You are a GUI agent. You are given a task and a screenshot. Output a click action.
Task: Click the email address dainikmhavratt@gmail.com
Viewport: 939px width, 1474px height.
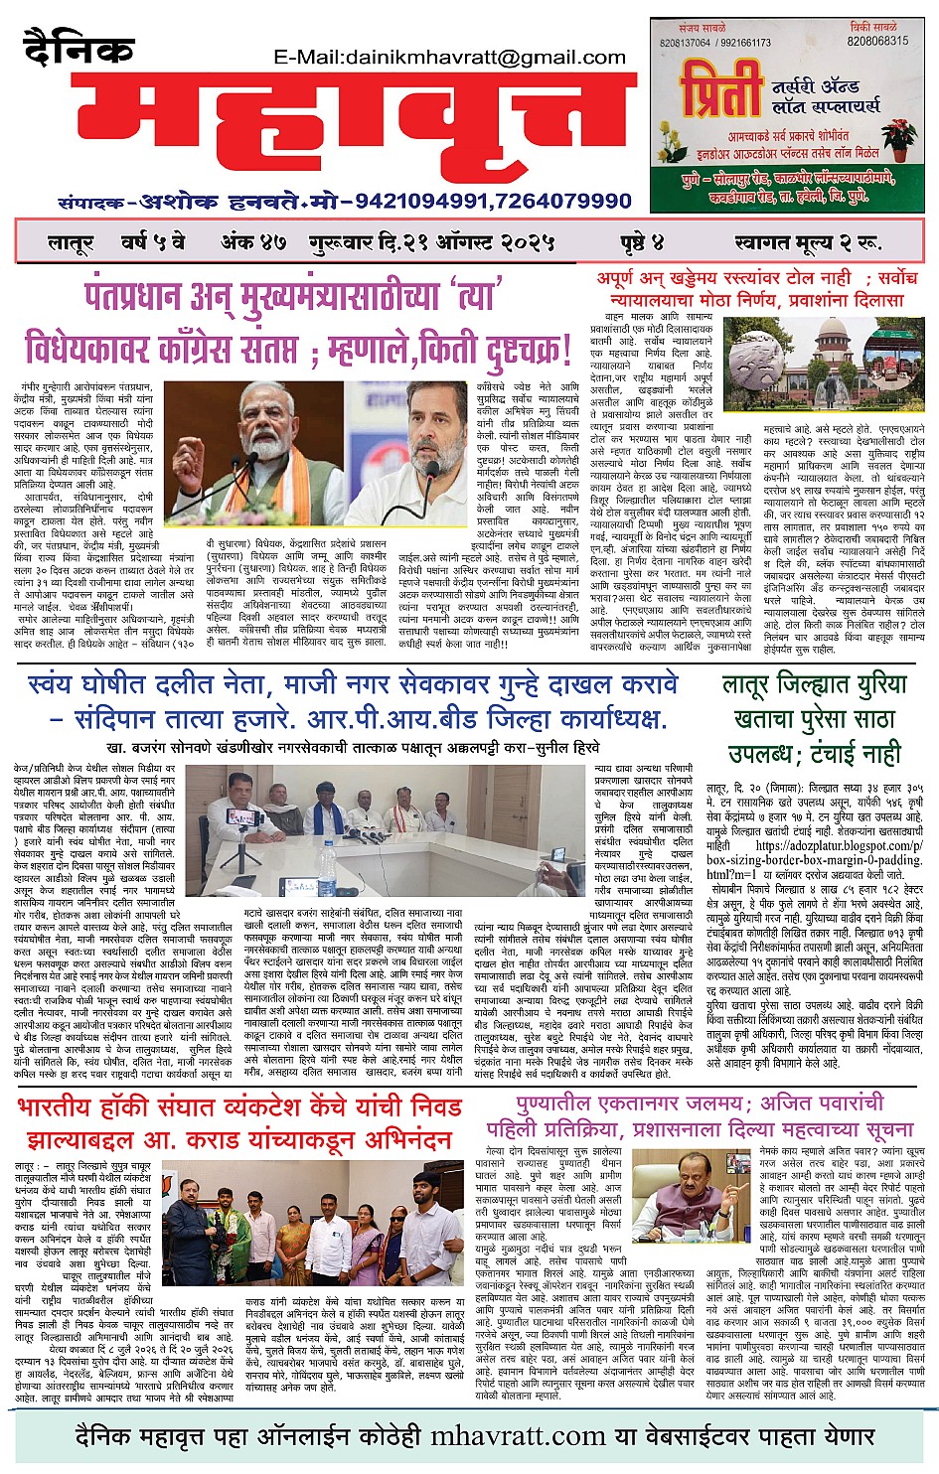tap(449, 58)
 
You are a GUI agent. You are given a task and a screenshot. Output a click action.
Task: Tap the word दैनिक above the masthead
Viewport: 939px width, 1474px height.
tap(78, 49)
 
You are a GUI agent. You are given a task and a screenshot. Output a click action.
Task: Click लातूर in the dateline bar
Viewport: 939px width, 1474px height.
tap(71, 241)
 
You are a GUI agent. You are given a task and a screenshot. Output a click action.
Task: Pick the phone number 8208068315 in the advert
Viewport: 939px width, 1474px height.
tap(877, 42)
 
